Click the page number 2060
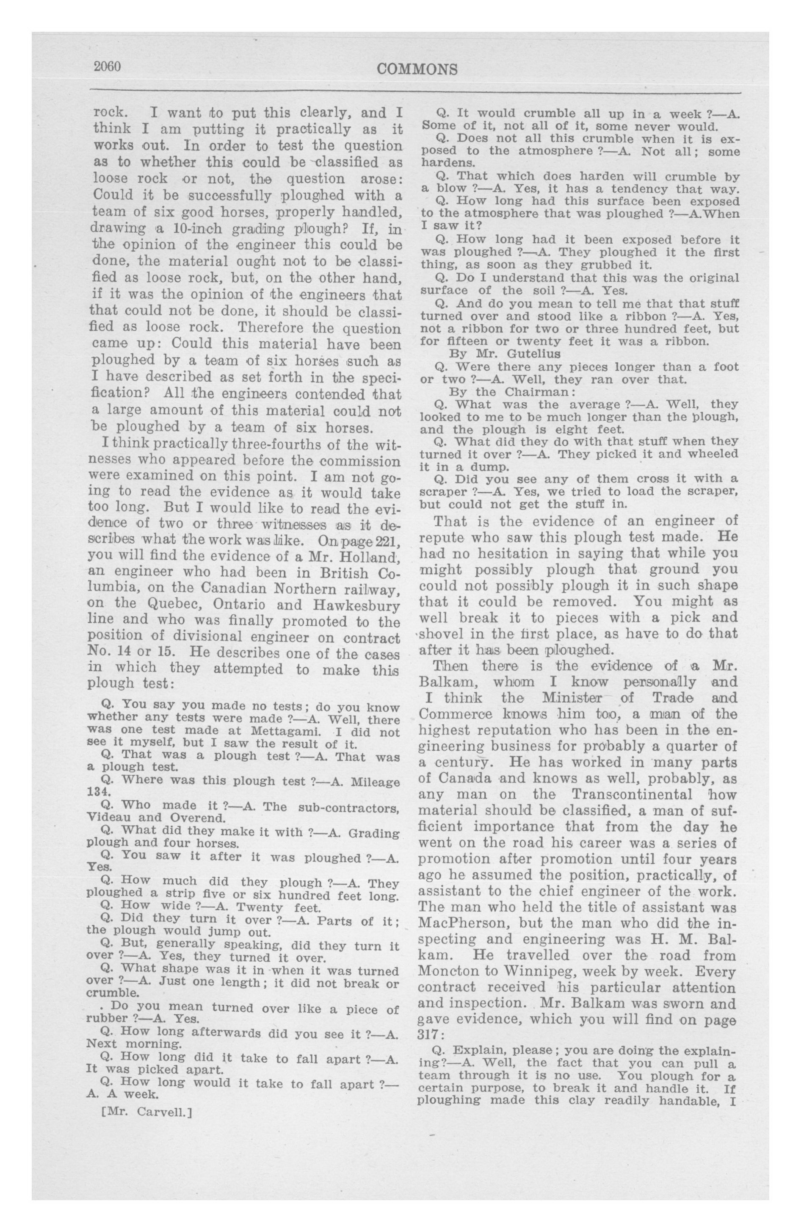coord(107,67)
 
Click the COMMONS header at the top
coord(417,69)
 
